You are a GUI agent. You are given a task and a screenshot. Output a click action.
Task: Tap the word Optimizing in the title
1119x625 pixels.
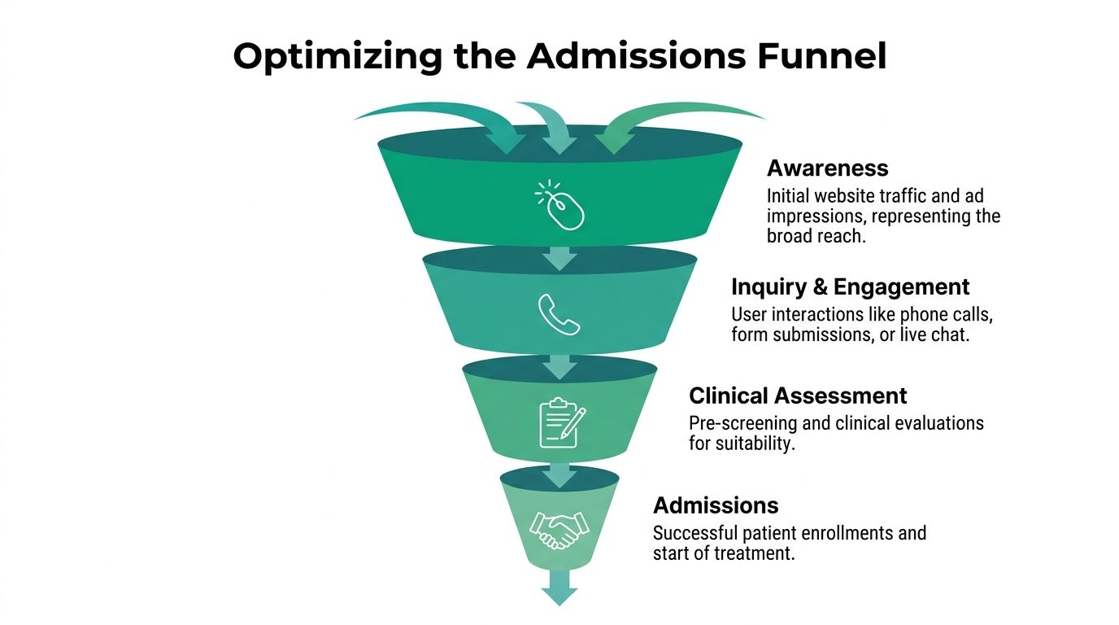point(337,57)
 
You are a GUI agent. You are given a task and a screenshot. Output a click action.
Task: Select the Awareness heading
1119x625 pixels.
point(827,168)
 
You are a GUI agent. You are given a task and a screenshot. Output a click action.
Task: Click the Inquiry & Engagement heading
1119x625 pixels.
point(850,287)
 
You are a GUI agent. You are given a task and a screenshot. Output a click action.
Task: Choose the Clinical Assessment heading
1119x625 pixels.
point(797,396)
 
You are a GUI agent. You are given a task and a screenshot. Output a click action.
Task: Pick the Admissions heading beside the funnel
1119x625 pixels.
point(716,505)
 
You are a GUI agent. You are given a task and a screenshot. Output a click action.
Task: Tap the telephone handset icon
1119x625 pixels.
point(559,314)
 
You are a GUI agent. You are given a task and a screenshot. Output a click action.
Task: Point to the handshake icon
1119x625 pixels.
point(559,530)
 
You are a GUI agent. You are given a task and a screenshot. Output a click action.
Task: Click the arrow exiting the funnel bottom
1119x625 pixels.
point(559,587)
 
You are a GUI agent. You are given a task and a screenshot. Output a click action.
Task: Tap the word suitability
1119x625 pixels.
point(754,444)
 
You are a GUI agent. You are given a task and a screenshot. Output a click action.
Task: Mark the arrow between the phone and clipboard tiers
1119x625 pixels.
point(559,365)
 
